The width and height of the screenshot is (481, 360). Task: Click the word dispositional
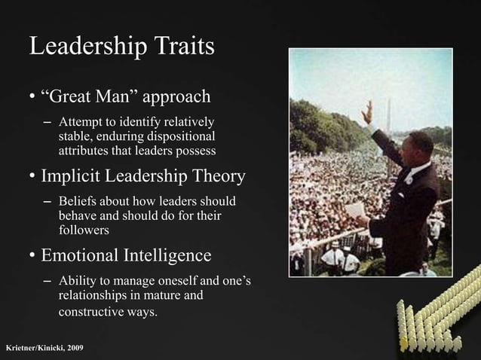tap(179, 136)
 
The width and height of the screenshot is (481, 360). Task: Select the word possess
tap(195, 151)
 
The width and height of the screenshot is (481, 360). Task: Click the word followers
tap(83, 230)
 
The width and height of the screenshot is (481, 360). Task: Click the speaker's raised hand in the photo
tap(367, 113)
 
